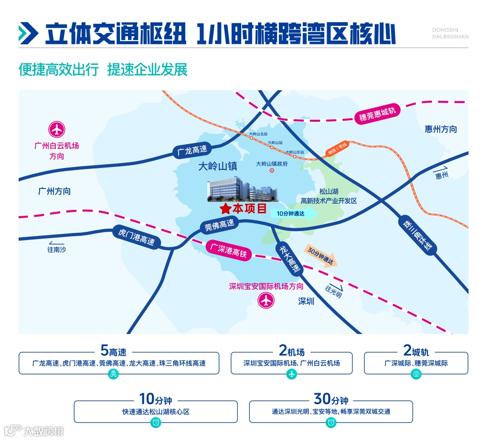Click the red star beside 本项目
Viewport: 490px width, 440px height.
coord(225,209)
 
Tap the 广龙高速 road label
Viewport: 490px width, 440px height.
coord(192,150)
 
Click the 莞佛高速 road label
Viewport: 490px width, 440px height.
coord(220,225)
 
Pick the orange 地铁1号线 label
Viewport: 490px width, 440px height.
coord(337,148)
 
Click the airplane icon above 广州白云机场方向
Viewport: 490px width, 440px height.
coord(57,129)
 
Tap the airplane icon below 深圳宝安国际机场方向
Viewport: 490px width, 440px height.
coord(266,301)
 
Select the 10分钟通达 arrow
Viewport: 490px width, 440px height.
coord(294,214)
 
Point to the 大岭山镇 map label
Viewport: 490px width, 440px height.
coord(218,167)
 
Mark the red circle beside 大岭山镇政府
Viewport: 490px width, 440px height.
coord(272,170)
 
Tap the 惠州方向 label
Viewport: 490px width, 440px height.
coord(440,129)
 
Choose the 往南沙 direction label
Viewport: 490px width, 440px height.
coord(56,249)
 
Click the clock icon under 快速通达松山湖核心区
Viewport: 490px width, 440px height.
coord(156,422)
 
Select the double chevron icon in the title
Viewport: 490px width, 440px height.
coord(28,34)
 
